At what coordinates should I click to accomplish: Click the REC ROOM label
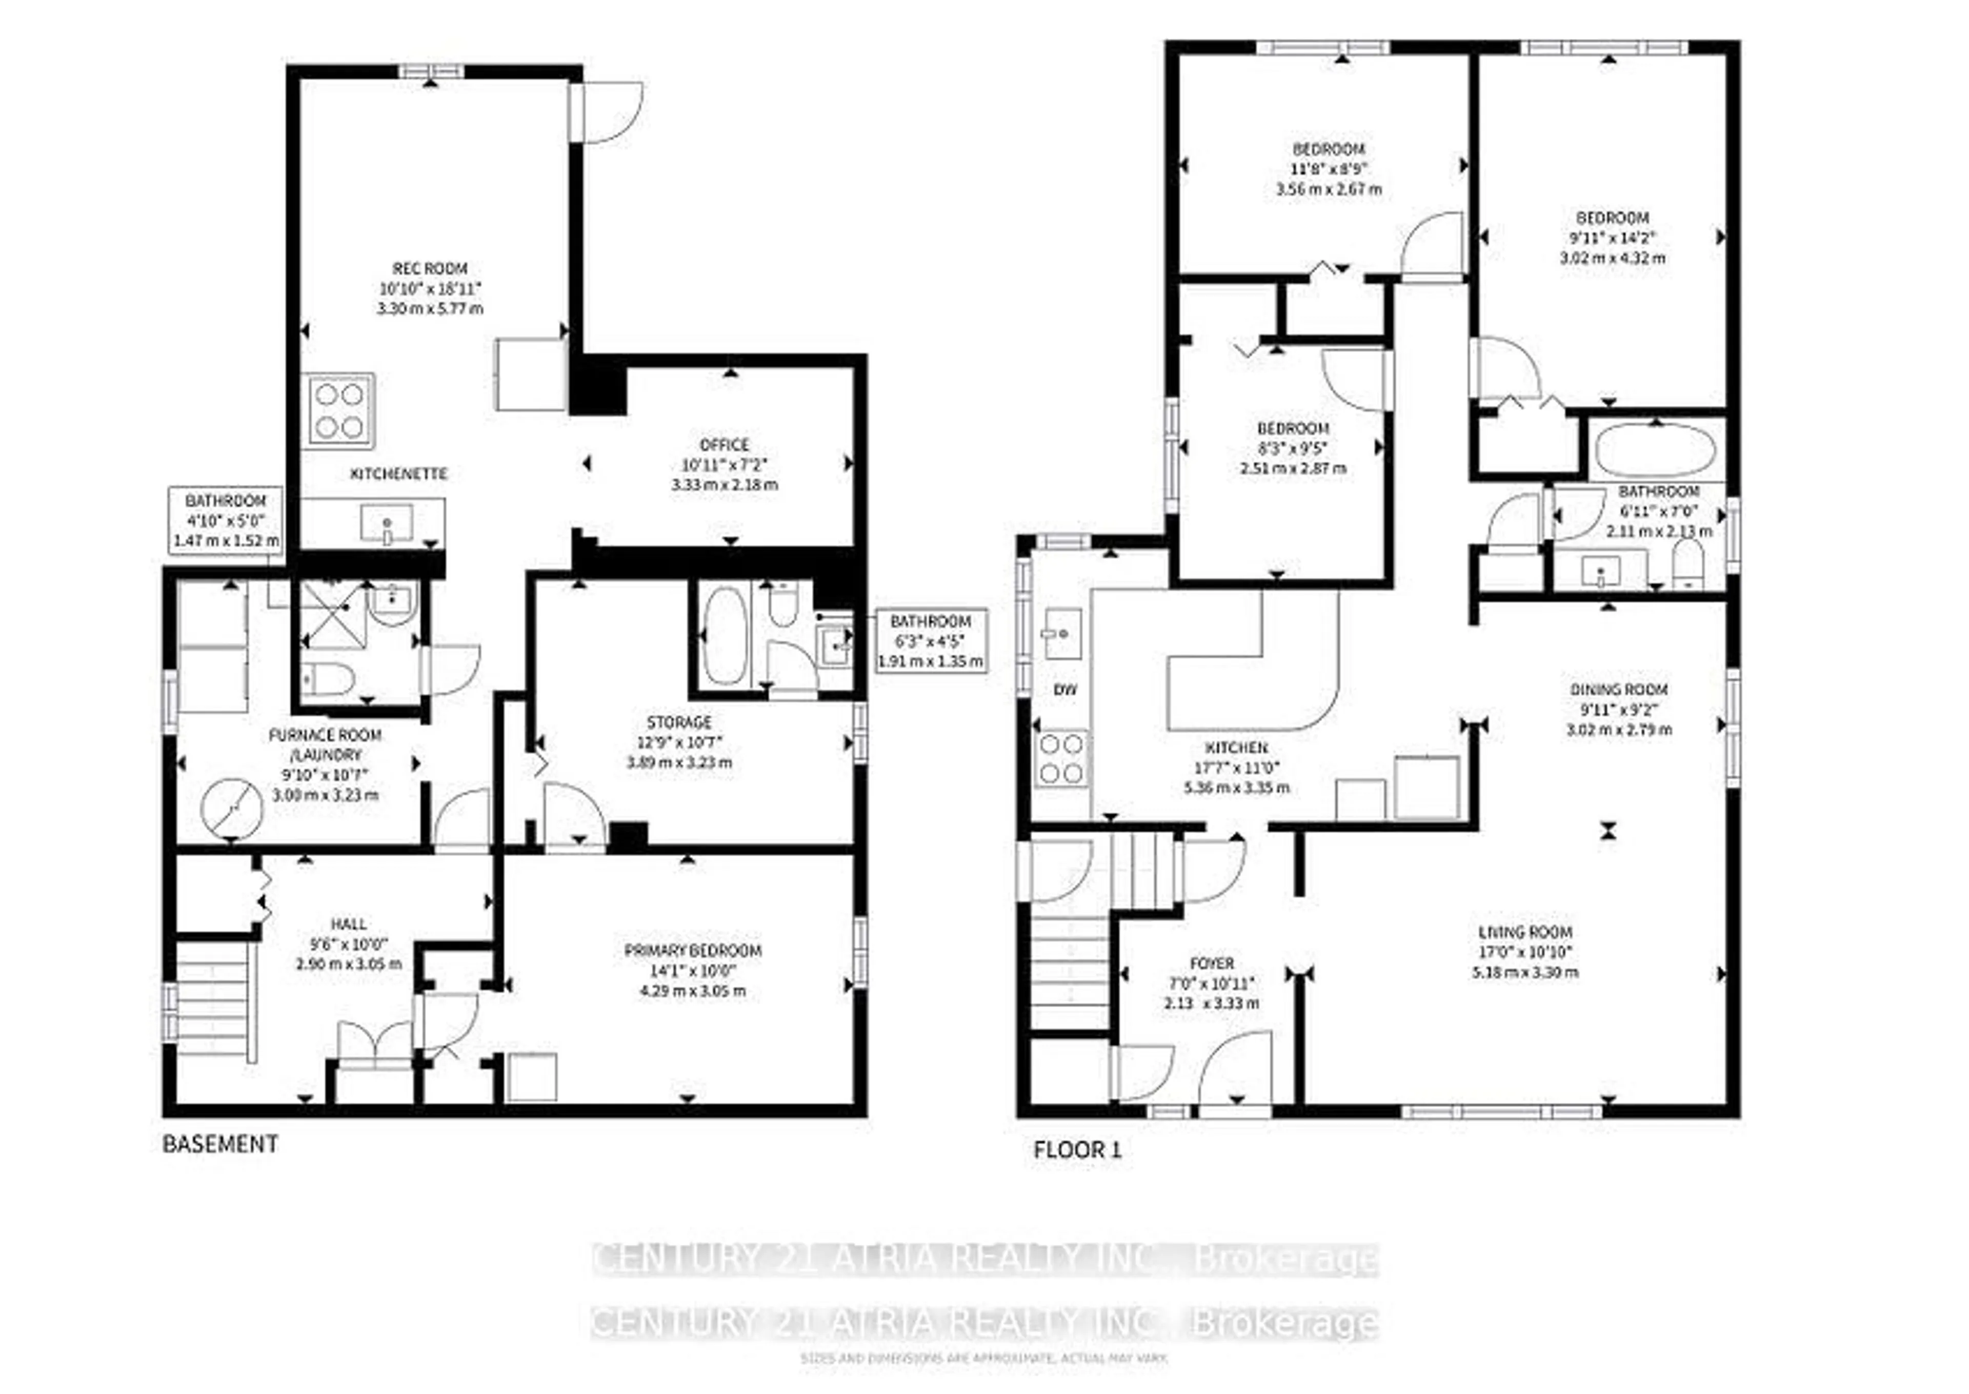click(429, 269)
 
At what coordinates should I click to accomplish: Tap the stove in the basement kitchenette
click(340, 410)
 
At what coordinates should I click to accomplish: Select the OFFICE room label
click(724, 445)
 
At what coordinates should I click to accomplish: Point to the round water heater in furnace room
click(232, 809)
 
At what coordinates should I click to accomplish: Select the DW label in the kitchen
click(1064, 689)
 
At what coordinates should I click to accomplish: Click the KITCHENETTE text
click(398, 474)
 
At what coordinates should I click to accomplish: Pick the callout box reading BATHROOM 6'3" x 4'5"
click(930, 641)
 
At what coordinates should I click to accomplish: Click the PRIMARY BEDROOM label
click(692, 950)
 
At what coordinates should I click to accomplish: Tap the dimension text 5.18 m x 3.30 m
click(1524, 973)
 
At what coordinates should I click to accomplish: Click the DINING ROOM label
click(1618, 689)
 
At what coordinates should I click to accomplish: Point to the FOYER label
click(1212, 963)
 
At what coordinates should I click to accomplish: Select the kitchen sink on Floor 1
click(1061, 634)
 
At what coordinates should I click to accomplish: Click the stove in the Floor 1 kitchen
click(1062, 759)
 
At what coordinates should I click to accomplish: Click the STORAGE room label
click(679, 722)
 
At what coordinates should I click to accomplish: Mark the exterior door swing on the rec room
click(609, 111)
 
